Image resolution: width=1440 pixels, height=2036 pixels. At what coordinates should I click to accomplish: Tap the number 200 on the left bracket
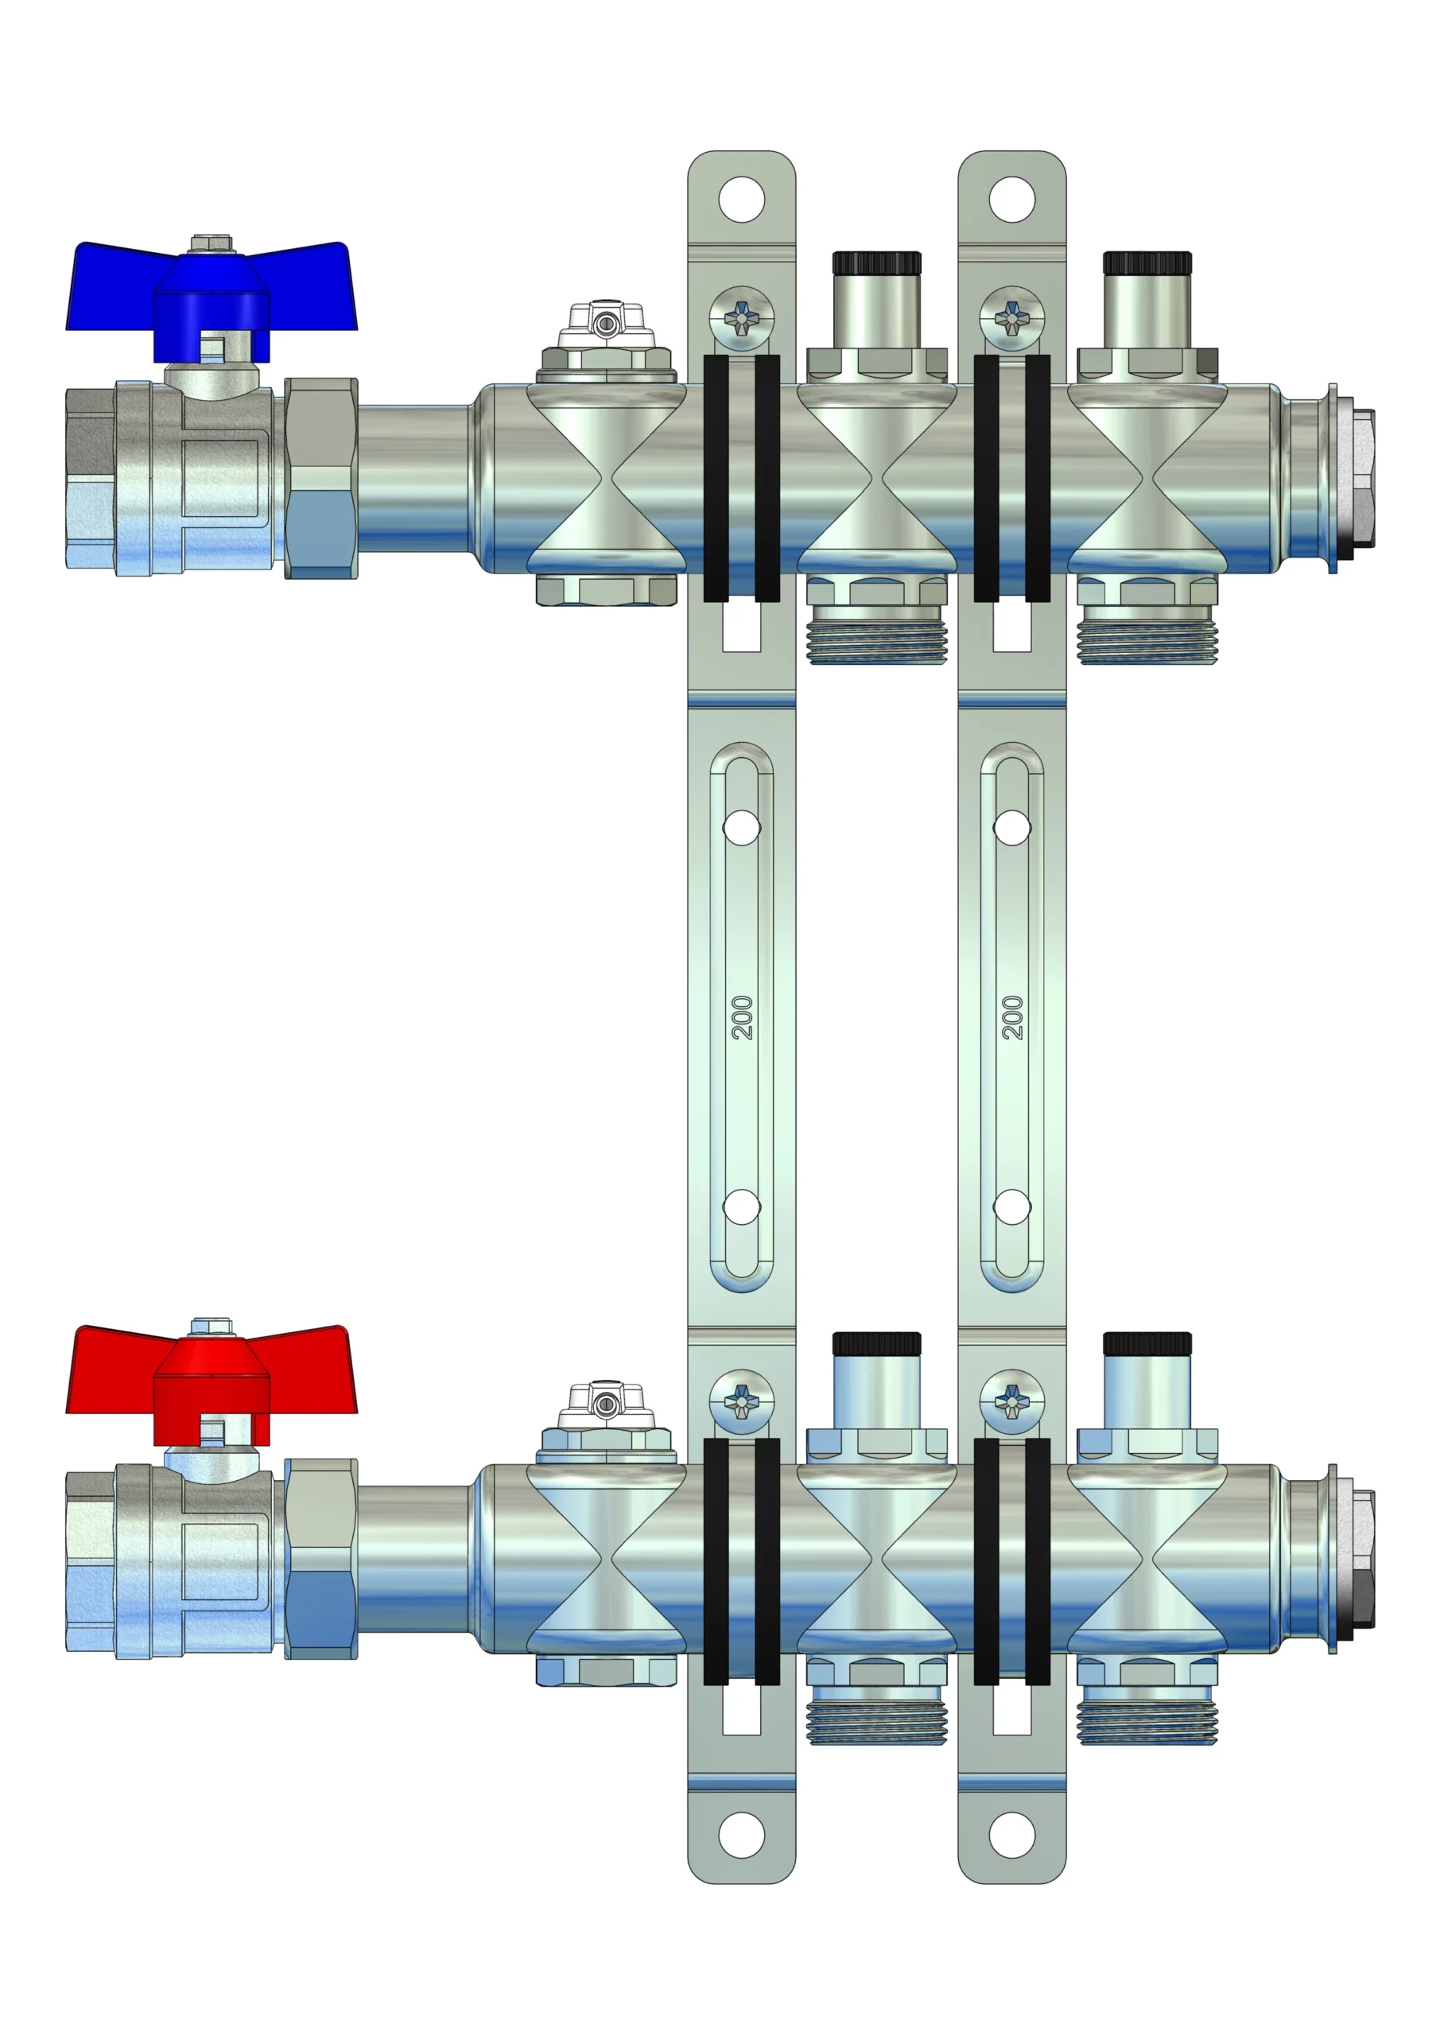tap(742, 1017)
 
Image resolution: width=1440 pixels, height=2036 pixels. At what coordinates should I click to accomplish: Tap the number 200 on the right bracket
tap(1012, 1017)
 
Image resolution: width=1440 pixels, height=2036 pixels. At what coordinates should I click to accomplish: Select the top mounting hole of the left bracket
tap(741, 200)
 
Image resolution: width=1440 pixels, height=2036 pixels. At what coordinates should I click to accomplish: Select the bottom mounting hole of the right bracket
tap(1011, 1836)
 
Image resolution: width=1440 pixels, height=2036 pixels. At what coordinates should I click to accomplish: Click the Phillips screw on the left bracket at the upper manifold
tap(742, 317)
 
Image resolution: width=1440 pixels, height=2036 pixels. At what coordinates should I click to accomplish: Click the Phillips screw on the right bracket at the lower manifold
tap(1012, 1401)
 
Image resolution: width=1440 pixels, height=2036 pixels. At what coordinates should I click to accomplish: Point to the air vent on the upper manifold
tap(607, 341)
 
